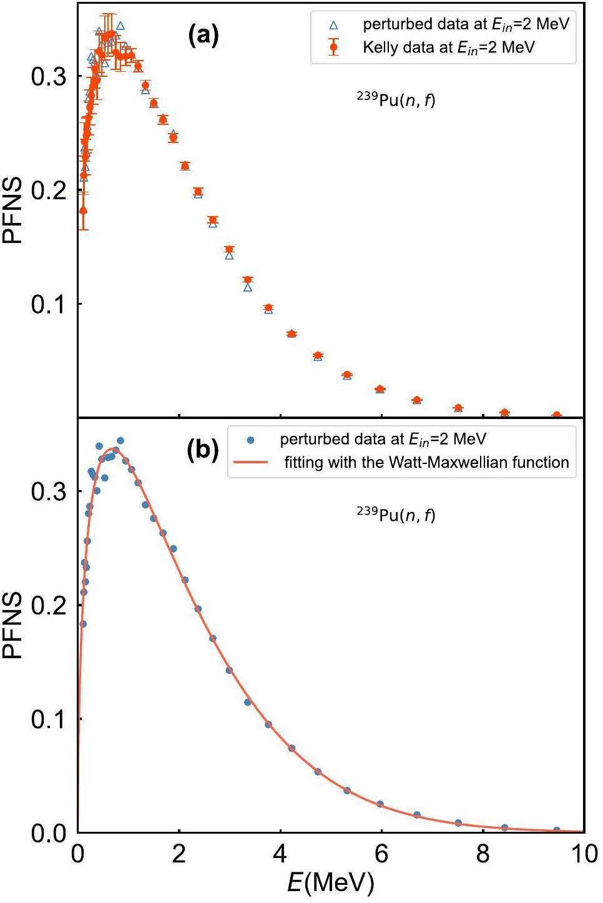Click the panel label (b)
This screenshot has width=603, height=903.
click(203, 451)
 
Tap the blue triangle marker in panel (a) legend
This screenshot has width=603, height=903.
click(333, 26)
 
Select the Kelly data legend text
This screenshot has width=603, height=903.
click(449, 47)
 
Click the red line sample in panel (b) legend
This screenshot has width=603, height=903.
click(250, 463)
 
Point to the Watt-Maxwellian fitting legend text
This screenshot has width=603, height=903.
click(426, 463)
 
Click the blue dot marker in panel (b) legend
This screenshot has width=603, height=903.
click(250, 440)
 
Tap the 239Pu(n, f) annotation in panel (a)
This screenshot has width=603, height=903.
click(396, 99)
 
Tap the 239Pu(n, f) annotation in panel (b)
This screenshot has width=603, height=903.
click(396, 515)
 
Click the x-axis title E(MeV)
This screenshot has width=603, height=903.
click(331, 883)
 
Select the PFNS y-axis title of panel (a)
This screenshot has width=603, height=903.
click(13, 210)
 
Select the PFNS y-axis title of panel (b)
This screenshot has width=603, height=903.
click(13, 626)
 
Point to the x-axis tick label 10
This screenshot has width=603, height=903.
click(584, 854)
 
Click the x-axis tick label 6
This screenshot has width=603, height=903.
click(381, 854)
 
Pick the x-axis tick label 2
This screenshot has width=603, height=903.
click(179, 854)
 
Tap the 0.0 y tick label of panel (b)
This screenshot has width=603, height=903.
click(48, 833)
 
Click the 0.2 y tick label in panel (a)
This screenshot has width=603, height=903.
click(48, 190)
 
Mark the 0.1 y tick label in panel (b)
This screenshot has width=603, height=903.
click(48, 719)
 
